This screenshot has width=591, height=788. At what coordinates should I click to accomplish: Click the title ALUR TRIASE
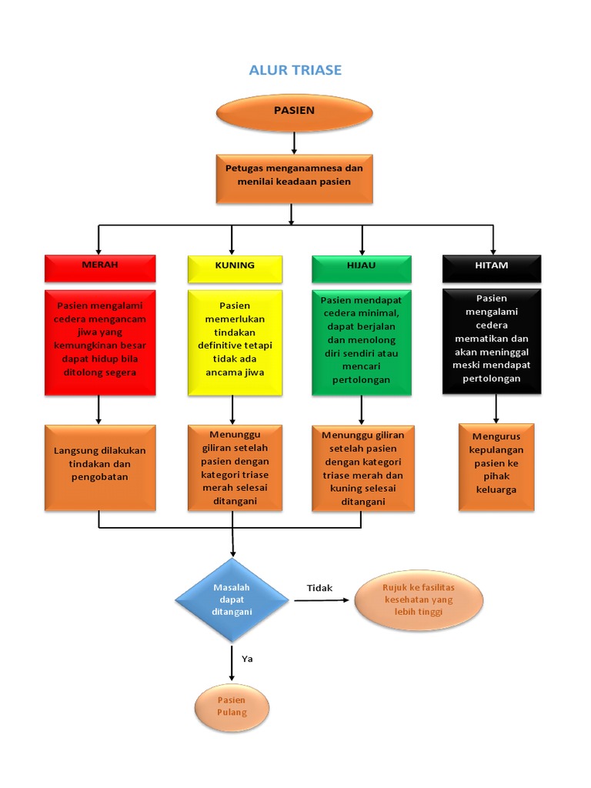pos(295,70)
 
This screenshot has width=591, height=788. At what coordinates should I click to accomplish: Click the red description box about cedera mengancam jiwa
pos(100,342)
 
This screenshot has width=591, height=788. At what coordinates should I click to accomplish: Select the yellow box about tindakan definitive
pos(233,342)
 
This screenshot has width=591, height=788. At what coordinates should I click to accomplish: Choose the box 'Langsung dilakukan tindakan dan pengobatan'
pos(100,466)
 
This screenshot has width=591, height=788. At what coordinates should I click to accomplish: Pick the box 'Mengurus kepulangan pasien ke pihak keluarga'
pos(496,467)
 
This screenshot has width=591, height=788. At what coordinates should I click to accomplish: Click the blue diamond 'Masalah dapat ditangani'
pos(232,600)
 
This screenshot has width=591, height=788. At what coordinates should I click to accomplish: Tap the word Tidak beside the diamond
pos(319,588)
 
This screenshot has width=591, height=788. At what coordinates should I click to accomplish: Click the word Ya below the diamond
pos(247,659)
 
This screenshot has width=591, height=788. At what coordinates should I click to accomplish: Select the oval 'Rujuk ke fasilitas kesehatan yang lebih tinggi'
pos(419,600)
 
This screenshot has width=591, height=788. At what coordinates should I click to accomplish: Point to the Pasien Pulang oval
pos(232,706)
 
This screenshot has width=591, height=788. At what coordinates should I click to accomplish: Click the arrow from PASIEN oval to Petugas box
pos(294,143)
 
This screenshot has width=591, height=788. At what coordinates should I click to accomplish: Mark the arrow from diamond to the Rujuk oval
pos(323,601)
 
